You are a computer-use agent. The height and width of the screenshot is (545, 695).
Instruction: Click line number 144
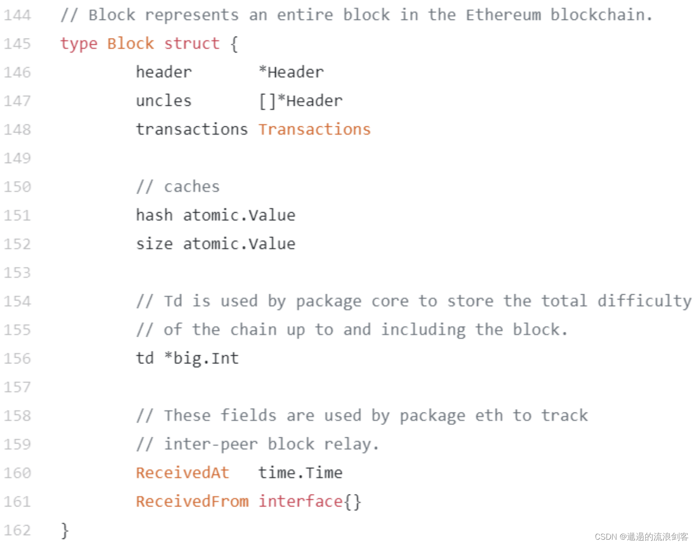pyautogui.click(x=17, y=16)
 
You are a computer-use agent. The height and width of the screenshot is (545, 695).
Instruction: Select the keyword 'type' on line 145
pyautogui.click(x=78, y=44)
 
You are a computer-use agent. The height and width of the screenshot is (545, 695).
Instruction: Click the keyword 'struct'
pyautogui.click(x=191, y=44)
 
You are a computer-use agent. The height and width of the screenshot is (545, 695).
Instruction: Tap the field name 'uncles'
pyautogui.click(x=164, y=101)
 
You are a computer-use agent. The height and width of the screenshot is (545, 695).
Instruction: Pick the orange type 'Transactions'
pyautogui.click(x=314, y=129)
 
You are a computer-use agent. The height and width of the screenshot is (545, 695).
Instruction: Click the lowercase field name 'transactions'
pyautogui.click(x=191, y=129)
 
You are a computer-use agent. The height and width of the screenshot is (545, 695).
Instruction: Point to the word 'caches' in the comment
pyautogui.click(x=191, y=187)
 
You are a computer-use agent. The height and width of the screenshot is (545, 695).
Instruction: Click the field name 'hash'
pyautogui.click(x=154, y=215)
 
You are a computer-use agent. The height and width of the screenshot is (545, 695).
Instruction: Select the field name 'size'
pyautogui.click(x=154, y=244)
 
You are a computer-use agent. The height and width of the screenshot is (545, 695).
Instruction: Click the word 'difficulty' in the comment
pyautogui.click(x=644, y=301)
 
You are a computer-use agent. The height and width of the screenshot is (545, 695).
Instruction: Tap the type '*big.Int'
pyautogui.click(x=201, y=358)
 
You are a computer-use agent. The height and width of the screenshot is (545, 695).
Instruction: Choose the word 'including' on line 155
pyautogui.click(x=423, y=330)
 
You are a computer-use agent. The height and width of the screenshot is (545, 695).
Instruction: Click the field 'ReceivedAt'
pyautogui.click(x=182, y=473)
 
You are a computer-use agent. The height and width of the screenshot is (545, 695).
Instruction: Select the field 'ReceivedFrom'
pyautogui.click(x=192, y=502)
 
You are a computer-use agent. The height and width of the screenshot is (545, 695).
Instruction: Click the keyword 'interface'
pyautogui.click(x=300, y=502)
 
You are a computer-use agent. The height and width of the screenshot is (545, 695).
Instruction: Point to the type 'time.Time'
pyautogui.click(x=300, y=473)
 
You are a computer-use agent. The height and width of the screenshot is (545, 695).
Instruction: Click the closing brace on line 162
pyautogui.click(x=65, y=530)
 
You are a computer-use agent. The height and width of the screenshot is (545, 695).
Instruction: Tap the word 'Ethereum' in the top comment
pyautogui.click(x=503, y=16)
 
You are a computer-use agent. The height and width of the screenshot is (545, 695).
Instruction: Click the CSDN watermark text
pyautogui.click(x=641, y=537)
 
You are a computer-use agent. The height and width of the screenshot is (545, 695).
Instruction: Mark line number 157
pyautogui.click(x=17, y=387)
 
